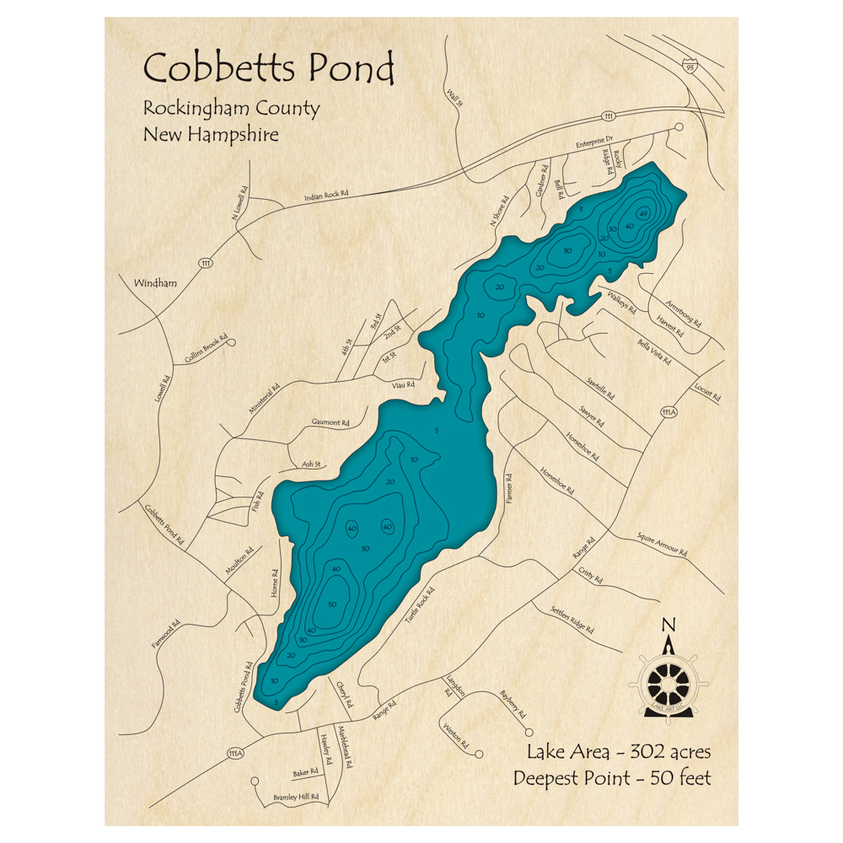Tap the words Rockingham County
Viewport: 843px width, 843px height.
(x=231, y=109)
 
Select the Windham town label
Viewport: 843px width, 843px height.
(x=155, y=283)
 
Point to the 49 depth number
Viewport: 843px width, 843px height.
(x=643, y=213)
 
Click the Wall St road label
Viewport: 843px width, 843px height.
(x=455, y=99)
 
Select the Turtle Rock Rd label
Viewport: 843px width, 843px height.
(x=422, y=603)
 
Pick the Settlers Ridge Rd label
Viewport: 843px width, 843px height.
(x=572, y=620)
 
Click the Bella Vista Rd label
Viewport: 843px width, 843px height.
(x=654, y=353)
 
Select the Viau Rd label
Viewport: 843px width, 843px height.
(x=403, y=385)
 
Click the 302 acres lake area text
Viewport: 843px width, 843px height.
(x=619, y=751)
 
